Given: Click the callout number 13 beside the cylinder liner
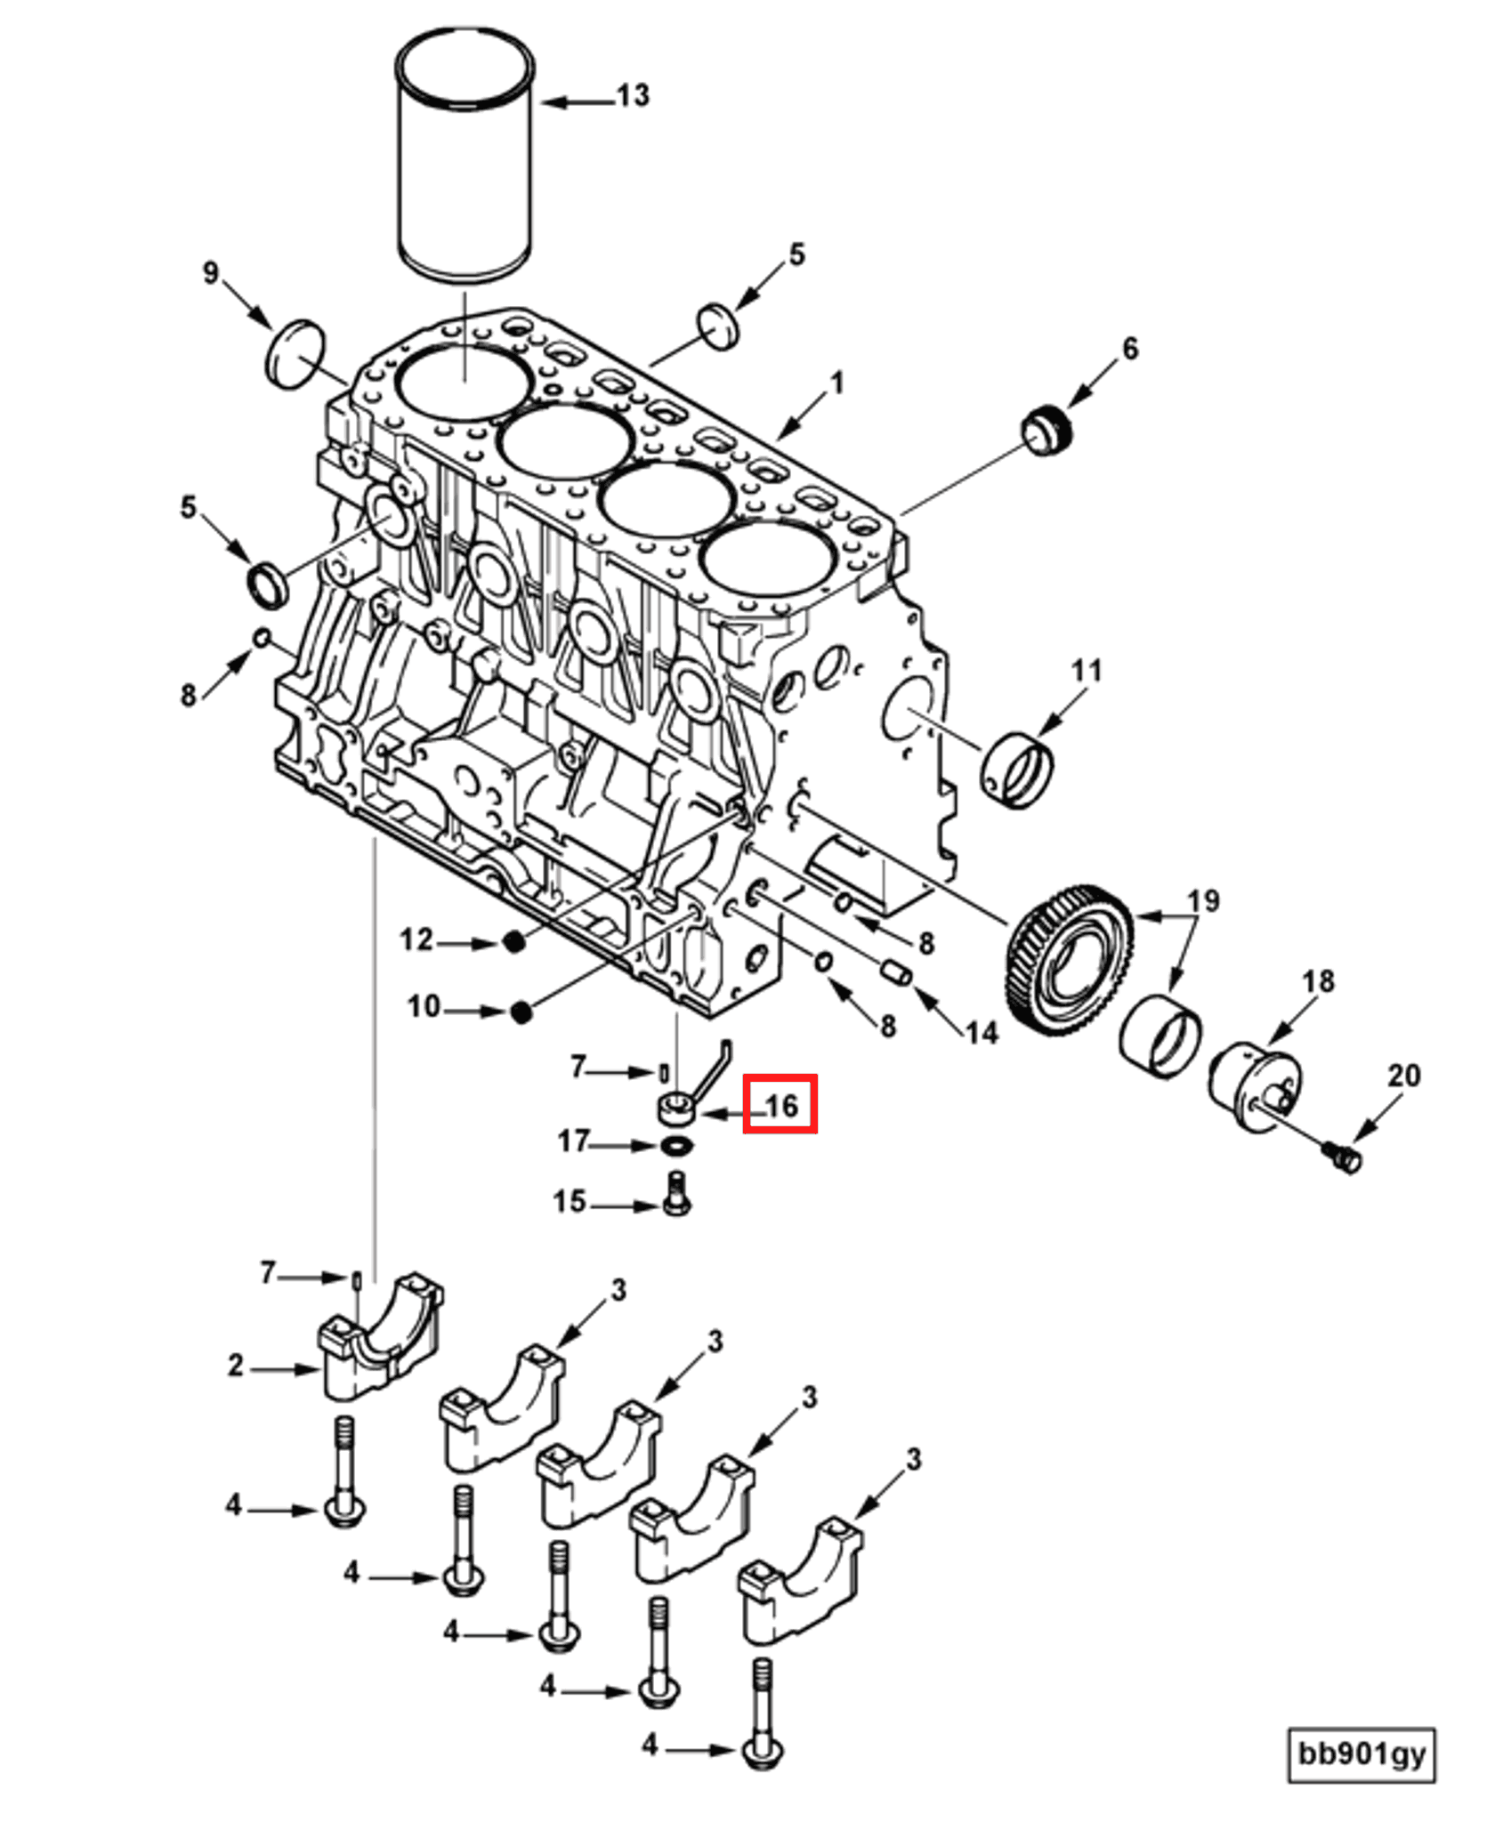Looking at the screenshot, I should point(633,96).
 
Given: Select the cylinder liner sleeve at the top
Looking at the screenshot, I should point(464,156).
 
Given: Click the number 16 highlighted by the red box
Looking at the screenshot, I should point(780,1106).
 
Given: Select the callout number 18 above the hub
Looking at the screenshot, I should point(1318,981).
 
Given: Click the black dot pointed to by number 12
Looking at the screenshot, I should point(514,942).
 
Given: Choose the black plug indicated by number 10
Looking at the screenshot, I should point(521,1012).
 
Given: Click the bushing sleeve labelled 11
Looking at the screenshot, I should point(1017,770).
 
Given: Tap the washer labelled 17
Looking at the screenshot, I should point(678,1145).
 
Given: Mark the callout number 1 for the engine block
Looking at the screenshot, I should point(836,384).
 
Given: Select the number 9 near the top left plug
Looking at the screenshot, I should point(210,272).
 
